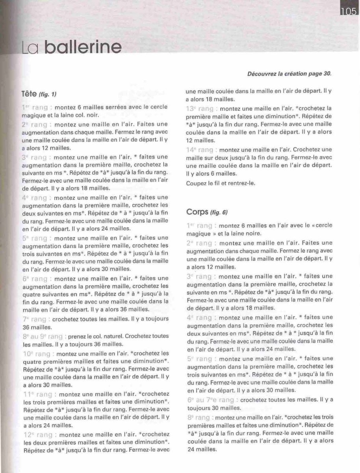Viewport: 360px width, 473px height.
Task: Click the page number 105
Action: (349, 11)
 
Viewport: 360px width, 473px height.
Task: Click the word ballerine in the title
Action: (82, 47)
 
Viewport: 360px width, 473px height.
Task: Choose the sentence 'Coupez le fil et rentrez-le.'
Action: (221, 183)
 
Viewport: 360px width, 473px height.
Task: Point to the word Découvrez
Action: (262, 74)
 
